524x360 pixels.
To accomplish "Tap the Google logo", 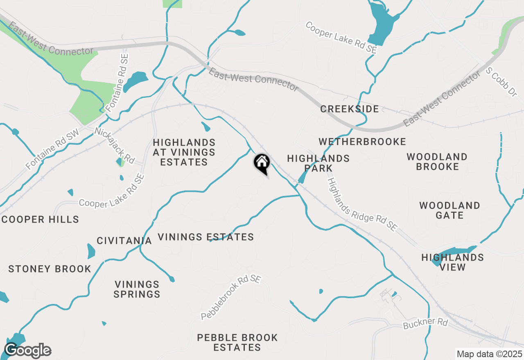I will (27, 351).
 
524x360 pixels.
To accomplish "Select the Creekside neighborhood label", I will (350, 109).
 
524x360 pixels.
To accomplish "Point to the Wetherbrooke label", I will (362, 142).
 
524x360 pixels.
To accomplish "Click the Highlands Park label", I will (318, 163).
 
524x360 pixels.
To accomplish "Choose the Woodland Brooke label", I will (437, 162).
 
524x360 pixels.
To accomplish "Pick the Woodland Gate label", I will (449, 210).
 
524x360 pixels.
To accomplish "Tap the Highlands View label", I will (453, 262).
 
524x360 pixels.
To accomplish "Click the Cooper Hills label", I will (40, 219).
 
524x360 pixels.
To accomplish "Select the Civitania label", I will (124, 241).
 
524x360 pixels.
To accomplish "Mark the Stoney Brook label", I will (50, 269).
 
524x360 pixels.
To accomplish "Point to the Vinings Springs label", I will (137, 289).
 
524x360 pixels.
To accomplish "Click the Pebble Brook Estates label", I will (237, 342).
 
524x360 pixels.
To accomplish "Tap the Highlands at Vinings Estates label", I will (184, 152).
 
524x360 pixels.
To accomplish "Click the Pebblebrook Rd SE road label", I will (231, 297).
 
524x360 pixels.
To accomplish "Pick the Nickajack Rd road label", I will (114, 145).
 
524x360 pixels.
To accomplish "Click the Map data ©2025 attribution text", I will (489, 354).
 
